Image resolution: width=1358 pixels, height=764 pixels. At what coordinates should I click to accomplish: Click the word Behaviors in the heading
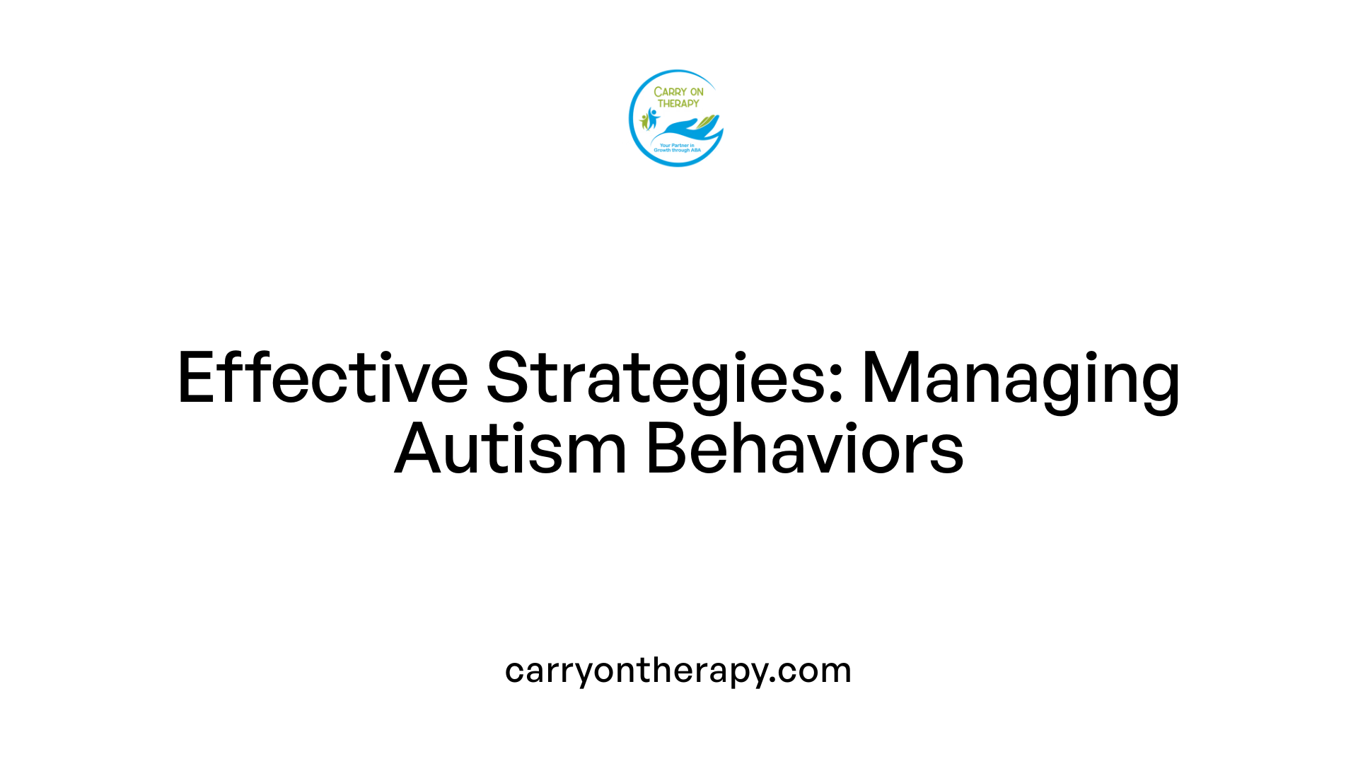805,448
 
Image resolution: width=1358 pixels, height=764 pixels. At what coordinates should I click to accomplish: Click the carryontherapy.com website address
678,670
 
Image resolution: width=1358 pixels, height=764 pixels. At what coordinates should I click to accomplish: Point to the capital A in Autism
417,448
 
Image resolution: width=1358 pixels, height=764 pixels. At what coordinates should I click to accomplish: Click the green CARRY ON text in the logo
678,92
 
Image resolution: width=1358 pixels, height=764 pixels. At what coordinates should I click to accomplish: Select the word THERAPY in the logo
678,103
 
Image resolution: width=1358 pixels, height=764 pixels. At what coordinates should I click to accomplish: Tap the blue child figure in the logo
652,117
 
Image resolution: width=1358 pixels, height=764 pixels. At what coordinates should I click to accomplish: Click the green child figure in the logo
644,122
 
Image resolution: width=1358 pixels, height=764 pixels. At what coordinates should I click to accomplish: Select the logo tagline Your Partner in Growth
677,148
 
